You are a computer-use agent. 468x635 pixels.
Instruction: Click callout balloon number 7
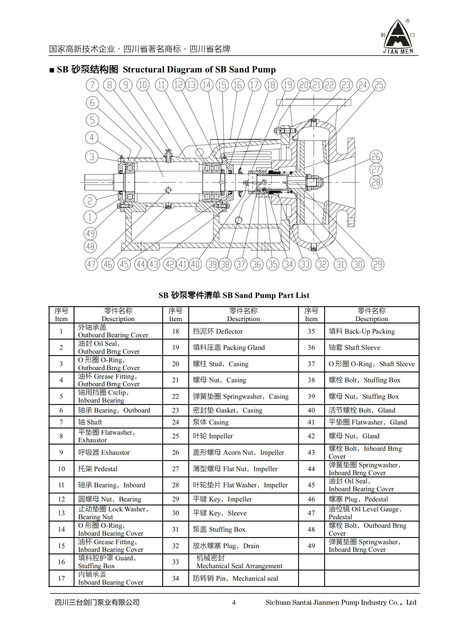92,85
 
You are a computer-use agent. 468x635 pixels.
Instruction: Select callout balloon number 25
379,85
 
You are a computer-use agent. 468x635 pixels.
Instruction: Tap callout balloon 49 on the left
90,233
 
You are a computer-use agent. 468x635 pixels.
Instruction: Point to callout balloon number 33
305,264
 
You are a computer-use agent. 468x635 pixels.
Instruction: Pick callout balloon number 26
376,156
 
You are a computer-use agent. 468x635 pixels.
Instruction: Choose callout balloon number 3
92,156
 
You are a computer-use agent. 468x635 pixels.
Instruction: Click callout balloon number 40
195,264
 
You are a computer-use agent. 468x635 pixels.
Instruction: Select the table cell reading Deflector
243,331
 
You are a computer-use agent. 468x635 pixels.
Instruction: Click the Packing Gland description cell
243,347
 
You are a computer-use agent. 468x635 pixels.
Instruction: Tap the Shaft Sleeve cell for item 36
372,347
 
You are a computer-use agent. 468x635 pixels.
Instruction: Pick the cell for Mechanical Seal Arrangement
243,562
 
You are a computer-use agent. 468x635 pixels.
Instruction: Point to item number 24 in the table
176,422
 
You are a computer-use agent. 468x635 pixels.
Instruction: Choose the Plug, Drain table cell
243,546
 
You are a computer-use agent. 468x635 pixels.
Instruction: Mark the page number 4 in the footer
234,602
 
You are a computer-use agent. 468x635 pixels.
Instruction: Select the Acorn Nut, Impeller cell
243,452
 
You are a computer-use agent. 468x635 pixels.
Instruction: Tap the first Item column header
61,315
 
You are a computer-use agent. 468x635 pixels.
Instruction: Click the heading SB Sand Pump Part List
234,295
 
